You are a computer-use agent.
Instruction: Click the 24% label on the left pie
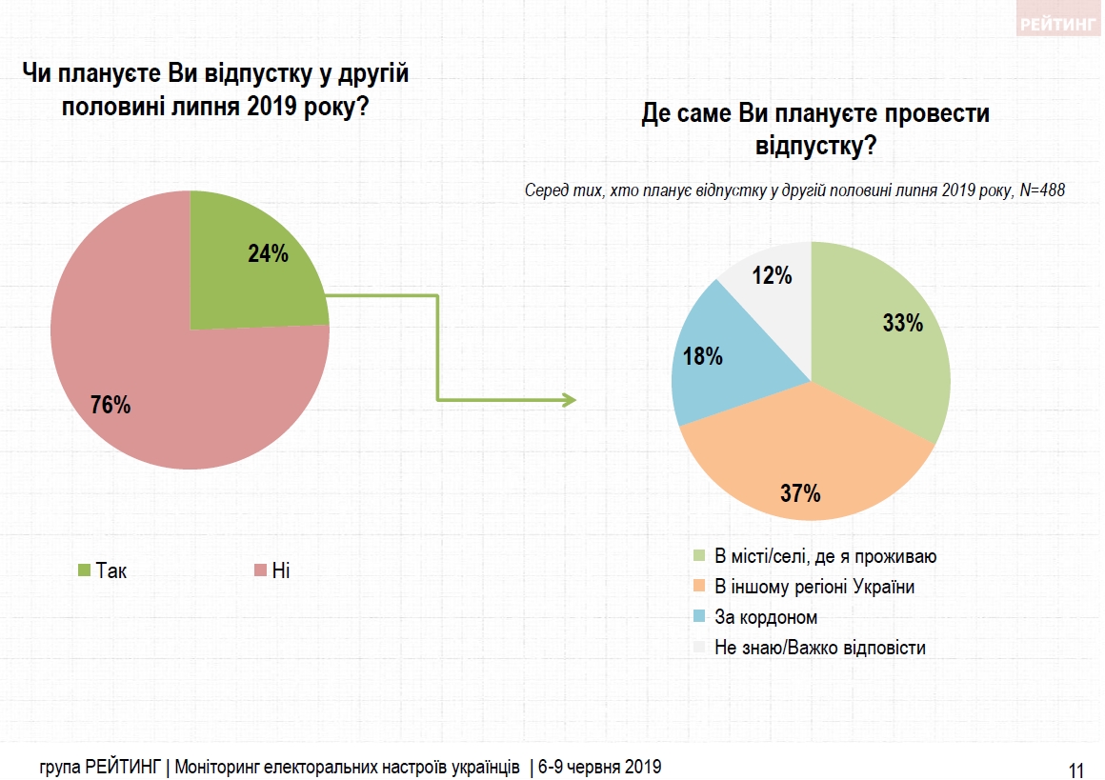[x=269, y=254]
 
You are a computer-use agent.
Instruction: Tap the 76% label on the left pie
[x=110, y=405]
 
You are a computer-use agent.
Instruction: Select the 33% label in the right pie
[x=903, y=324]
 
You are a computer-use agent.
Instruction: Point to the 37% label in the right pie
[x=800, y=493]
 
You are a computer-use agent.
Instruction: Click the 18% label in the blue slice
[x=703, y=357]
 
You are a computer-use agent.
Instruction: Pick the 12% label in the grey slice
[x=772, y=276]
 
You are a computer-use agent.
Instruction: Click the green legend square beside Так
[x=84, y=570]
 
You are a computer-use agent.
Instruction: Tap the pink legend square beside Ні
[x=259, y=570]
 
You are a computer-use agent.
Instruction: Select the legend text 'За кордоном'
[x=766, y=617]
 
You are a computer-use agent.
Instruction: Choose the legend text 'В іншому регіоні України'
[x=814, y=587]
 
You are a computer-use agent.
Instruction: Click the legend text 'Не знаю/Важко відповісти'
[x=820, y=648]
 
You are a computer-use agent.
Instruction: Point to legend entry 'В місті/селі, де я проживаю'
[x=825, y=556]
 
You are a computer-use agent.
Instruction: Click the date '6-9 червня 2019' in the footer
[x=600, y=766]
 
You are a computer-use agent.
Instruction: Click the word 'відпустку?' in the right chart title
[x=815, y=148]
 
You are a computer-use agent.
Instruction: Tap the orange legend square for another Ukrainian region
[x=699, y=587]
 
